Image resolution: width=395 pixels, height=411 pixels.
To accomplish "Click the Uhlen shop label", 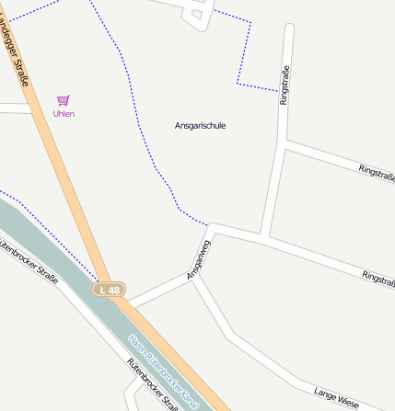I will click(x=64, y=114).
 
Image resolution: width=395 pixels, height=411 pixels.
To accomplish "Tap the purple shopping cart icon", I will click(x=64, y=99).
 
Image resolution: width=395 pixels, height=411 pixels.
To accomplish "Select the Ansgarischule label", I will click(x=200, y=125).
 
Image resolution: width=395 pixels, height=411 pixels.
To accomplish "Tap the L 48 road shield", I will click(x=110, y=290).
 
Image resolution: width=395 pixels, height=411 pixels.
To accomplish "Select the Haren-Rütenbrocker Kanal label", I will click(x=165, y=371).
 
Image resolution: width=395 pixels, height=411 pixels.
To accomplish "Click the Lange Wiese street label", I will click(x=336, y=396).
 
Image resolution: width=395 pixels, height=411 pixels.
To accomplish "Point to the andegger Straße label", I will click(x=18, y=56).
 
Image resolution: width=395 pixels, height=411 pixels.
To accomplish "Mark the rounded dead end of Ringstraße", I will click(x=289, y=29).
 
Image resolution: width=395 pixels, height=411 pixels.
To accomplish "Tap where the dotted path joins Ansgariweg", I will click(x=211, y=225).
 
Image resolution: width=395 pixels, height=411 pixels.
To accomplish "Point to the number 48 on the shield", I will click(x=113, y=290).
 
